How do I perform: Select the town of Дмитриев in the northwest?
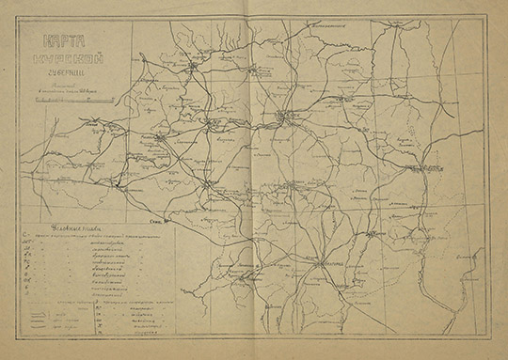tap(193, 68)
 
